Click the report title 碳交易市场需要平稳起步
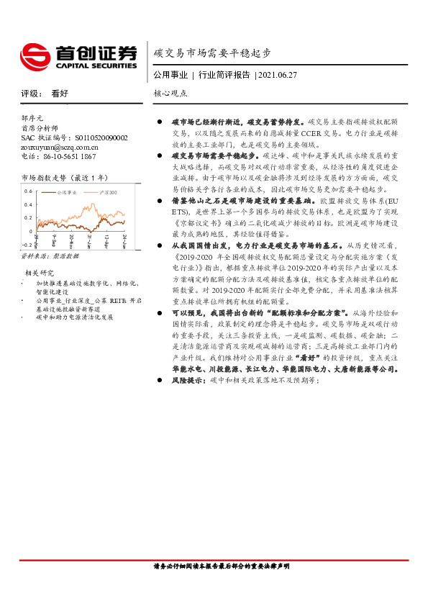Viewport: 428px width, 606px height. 212,53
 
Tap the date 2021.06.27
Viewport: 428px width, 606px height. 278,74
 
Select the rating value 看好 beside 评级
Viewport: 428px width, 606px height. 60,94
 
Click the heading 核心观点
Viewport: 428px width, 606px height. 170,94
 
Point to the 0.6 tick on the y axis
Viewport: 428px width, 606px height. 28,192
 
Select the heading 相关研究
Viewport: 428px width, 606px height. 40,273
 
